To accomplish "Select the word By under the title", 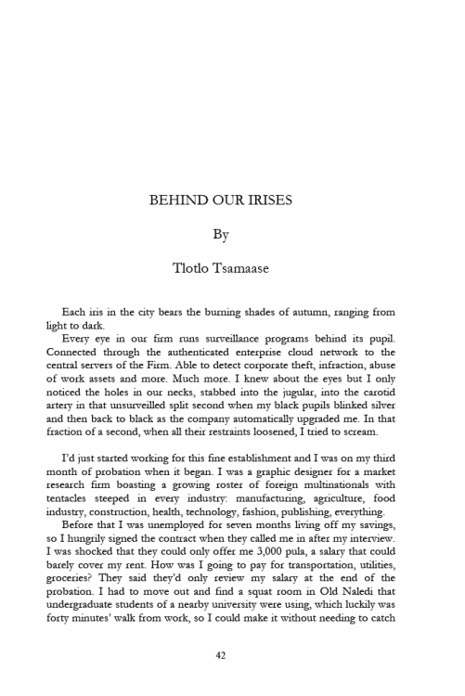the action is point(221,234).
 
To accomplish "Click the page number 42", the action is point(221,654).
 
